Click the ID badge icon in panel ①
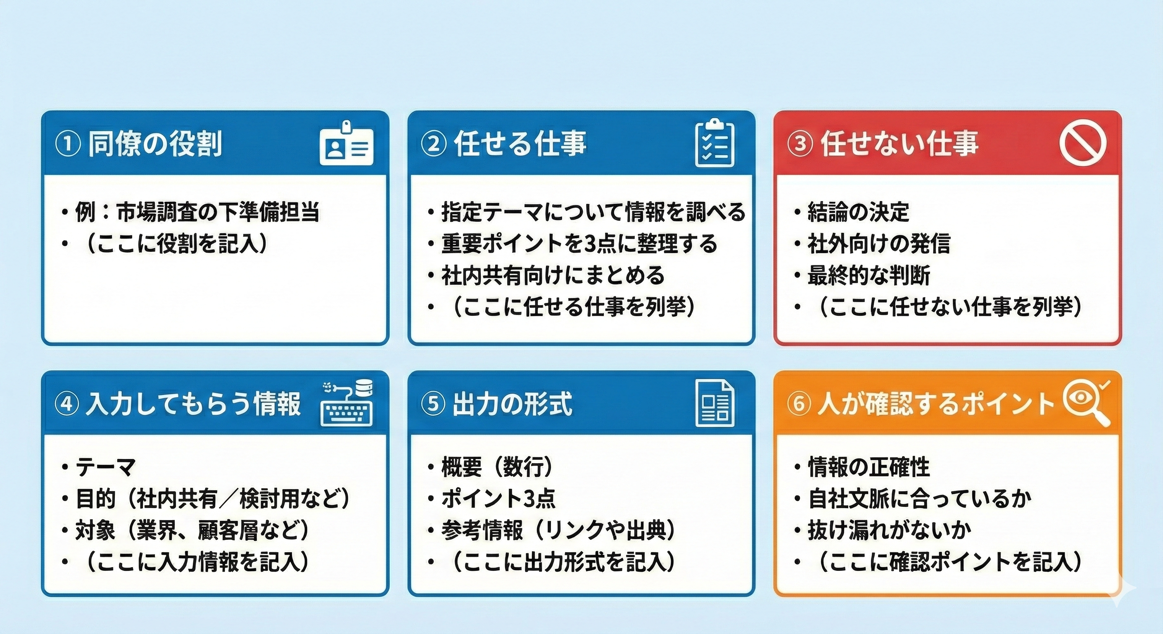(x=346, y=144)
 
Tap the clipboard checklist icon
(x=714, y=144)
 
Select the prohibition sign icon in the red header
(x=1082, y=144)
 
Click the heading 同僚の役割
(x=155, y=144)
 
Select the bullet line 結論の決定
(x=858, y=212)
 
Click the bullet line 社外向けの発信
(x=878, y=244)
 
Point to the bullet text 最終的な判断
(x=869, y=275)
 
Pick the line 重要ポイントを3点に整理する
(x=579, y=244)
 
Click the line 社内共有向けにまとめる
(x=553, y=275)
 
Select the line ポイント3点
(x=498, y=498)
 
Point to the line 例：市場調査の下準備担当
(x=197, y=212)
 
